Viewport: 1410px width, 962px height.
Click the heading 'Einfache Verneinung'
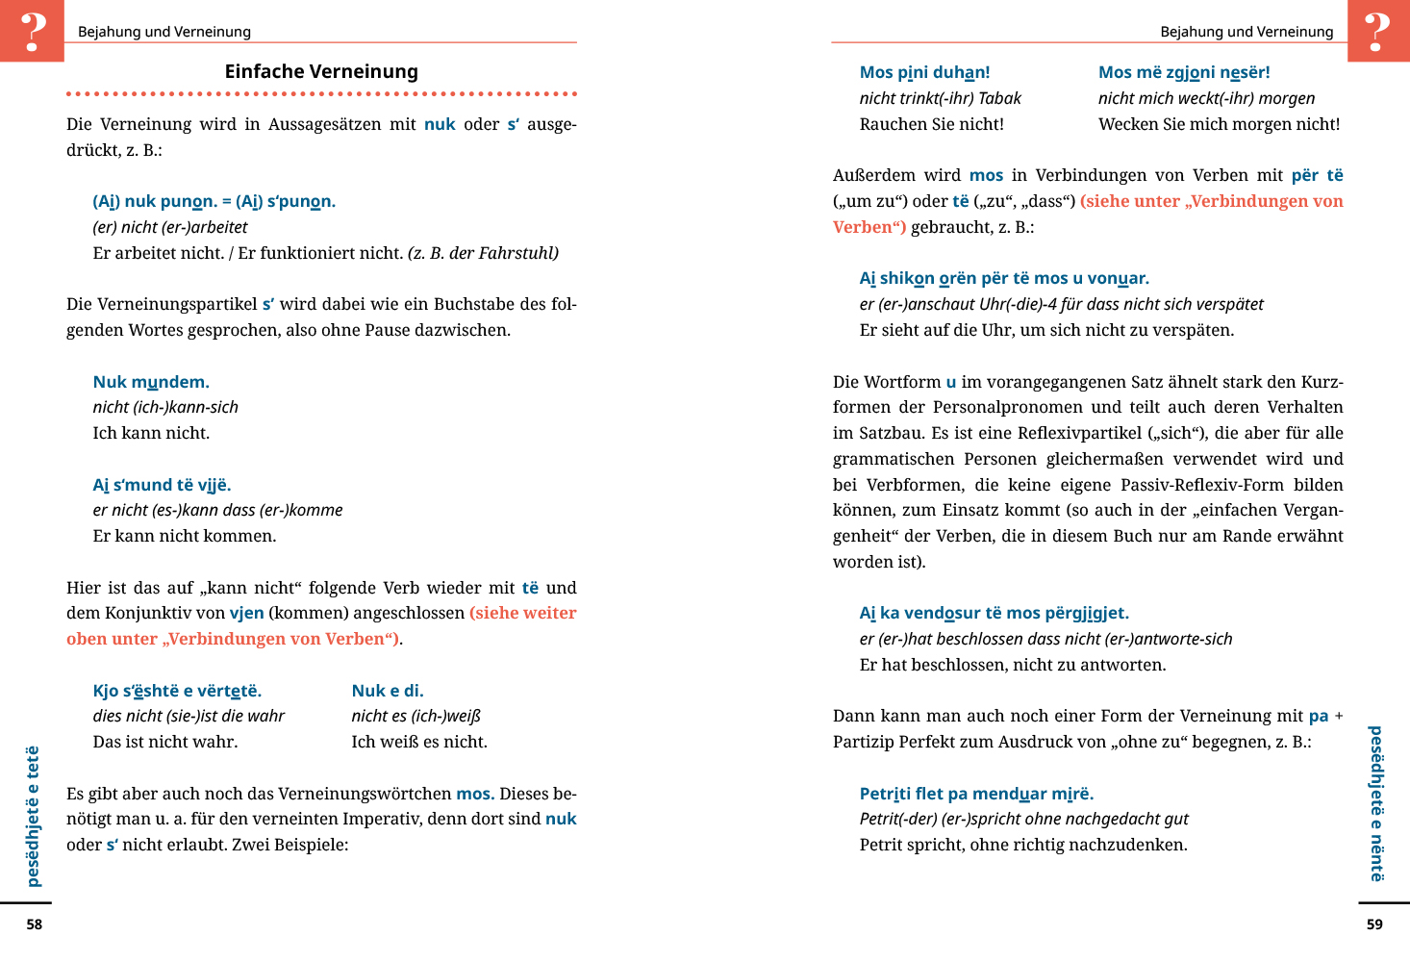(x=321, y=71)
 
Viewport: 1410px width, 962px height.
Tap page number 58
(x=35, y=924)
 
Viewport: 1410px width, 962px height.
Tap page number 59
(x=1374, y=924)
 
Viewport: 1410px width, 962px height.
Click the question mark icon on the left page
(x=33, y=31)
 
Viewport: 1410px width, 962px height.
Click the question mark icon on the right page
(x=1377, y=31)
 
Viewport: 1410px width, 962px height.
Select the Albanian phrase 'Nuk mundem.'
(x=151, y=382)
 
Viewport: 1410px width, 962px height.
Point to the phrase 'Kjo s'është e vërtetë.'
(x=177, y=691)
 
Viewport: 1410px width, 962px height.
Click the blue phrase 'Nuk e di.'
(x=388, y=691)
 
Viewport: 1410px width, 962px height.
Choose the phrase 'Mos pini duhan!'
(x=924, y=72)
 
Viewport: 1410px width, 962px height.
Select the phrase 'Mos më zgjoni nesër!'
(x=1184, y=72)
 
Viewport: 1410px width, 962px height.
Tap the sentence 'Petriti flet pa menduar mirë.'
(x=976, y=794)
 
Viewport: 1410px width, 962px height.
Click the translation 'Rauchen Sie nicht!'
(x=931, y=124)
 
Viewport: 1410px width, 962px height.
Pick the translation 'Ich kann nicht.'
(x=151, y=433)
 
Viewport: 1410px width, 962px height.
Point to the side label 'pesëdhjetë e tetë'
(x=34, y=816)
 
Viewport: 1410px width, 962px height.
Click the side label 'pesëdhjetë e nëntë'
(x=1376, y=803)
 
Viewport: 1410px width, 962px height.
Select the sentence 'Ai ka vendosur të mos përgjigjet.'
(x=994, y=613)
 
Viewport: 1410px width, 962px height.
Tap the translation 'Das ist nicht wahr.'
(x=165, y=742)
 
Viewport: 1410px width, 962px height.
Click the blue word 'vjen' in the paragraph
(x=246, y=613)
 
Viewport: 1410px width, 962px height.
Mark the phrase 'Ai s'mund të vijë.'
(x=162, y=485)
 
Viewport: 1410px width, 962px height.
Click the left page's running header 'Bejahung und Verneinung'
(x=164, y=32)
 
